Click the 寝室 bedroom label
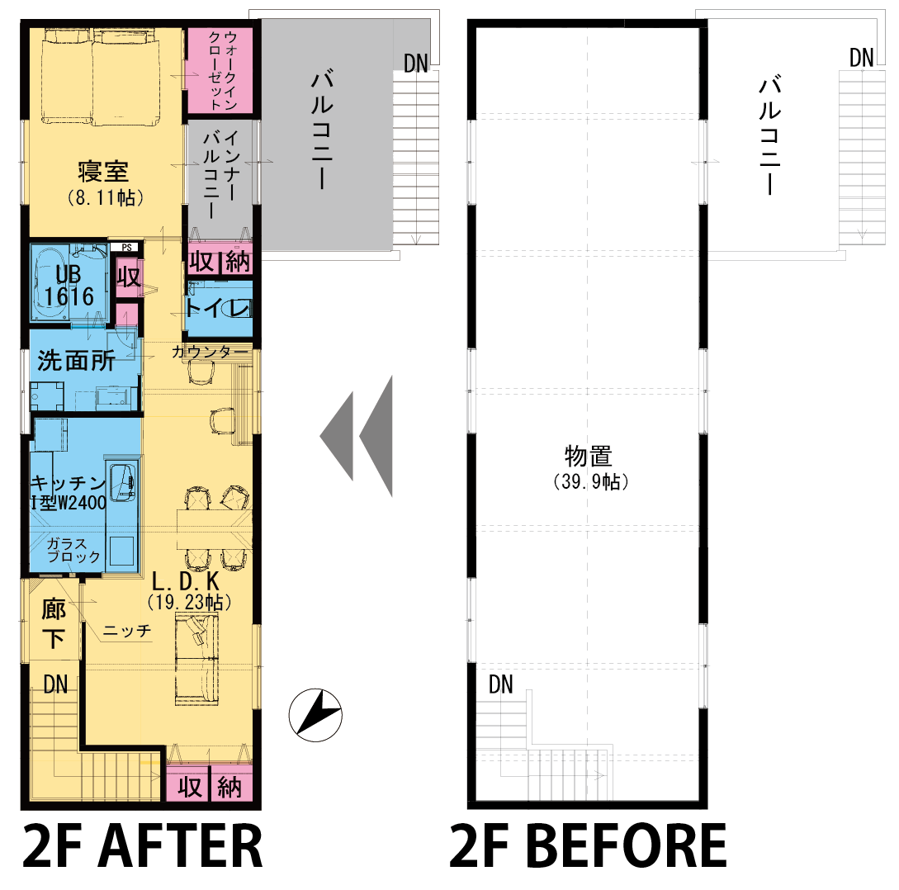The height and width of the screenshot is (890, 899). pos(103,172)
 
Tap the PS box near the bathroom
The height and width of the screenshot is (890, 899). pos(126,248)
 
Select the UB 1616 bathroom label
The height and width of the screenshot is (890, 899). pos(69,286)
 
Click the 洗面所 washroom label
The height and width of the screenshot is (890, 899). pos(76,361)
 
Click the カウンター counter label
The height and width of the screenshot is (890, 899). pos(210,351)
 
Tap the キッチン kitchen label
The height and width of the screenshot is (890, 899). pos(68,482)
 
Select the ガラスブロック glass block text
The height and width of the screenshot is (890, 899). pos(73,549)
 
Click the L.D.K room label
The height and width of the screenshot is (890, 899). pos(185,581)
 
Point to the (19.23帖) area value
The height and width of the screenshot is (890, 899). pos(189,602)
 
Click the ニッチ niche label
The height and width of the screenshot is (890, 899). pos(127,631)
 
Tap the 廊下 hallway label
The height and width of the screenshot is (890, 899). pos(54,623)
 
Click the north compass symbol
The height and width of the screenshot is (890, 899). pos(315,715)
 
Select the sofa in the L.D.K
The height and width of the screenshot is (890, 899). pos(196,659)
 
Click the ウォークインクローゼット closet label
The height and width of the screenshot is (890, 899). pos(222,70)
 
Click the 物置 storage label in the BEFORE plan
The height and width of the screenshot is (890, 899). pos(589,456)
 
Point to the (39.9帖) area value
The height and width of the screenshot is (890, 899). pos(590,481)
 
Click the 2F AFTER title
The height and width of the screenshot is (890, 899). pos(142,846)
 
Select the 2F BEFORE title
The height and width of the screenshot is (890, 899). pos(588,846)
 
